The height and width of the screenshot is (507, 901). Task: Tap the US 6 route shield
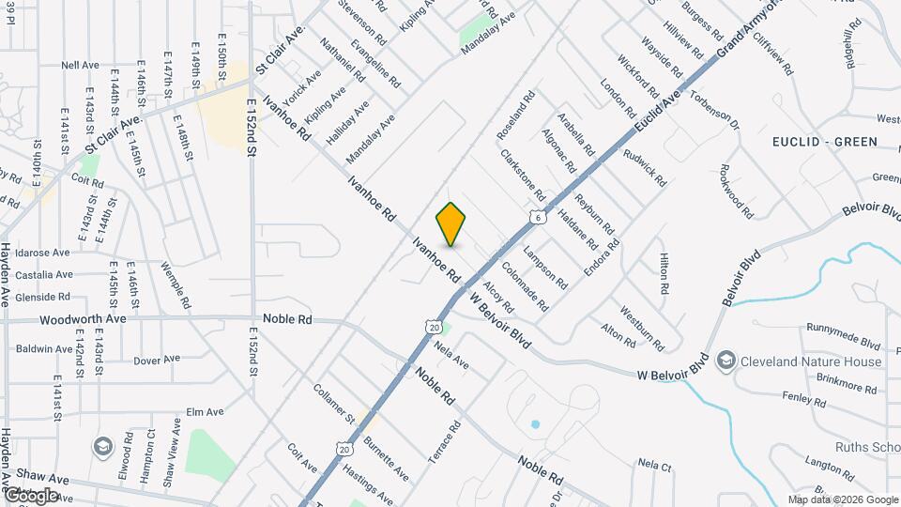coord(538,217)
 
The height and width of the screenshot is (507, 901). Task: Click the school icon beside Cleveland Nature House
coord(725,361)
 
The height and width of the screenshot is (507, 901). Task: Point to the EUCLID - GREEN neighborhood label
coord(825,142)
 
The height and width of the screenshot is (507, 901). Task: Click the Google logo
coord(30,495)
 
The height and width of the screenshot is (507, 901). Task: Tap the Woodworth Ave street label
coord(83,319)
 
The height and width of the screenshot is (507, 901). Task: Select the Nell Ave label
coord(80,66)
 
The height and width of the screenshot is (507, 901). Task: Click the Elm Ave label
coord(205,411)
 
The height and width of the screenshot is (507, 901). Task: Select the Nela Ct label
coord(654,464)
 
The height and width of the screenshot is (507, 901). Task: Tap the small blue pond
coord(535,424)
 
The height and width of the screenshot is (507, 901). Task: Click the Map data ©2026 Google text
coord(842,499)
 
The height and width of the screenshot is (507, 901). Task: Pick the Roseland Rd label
coord(515,115)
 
